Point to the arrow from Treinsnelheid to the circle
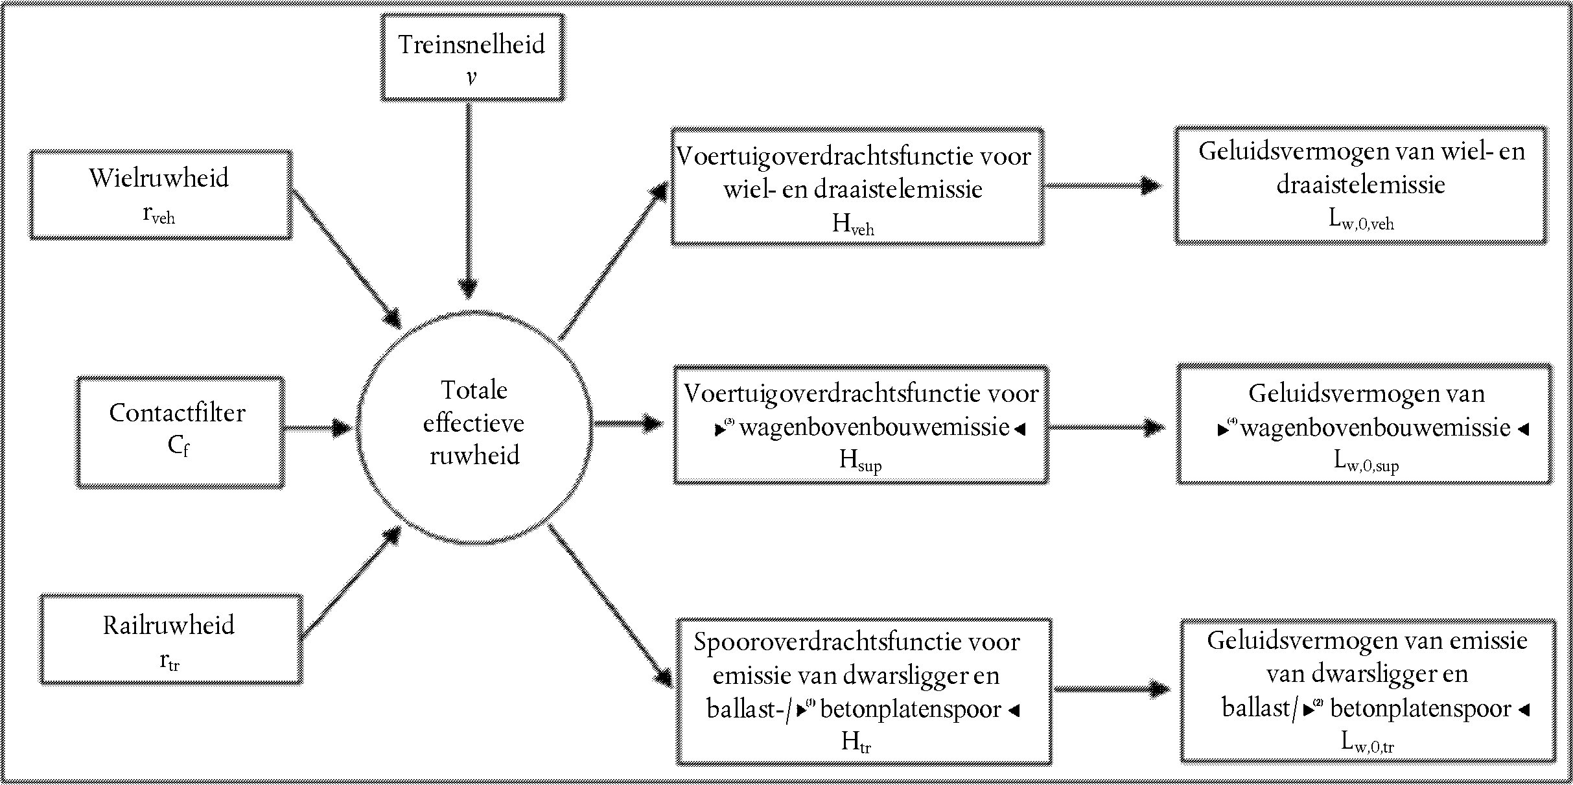coord(468,199)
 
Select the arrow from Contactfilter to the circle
coord(318,428)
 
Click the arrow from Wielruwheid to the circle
coord(347,259)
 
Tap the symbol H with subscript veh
coord(853,224)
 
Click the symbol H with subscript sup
coord(860,460)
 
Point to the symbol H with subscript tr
coord(856,742)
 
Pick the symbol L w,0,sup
coord(1366,461)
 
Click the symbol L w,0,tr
coord(1368,742)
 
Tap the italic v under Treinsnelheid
coord(471,77)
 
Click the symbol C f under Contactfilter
coord(178,446)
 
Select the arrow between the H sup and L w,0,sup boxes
coord(1106,427)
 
